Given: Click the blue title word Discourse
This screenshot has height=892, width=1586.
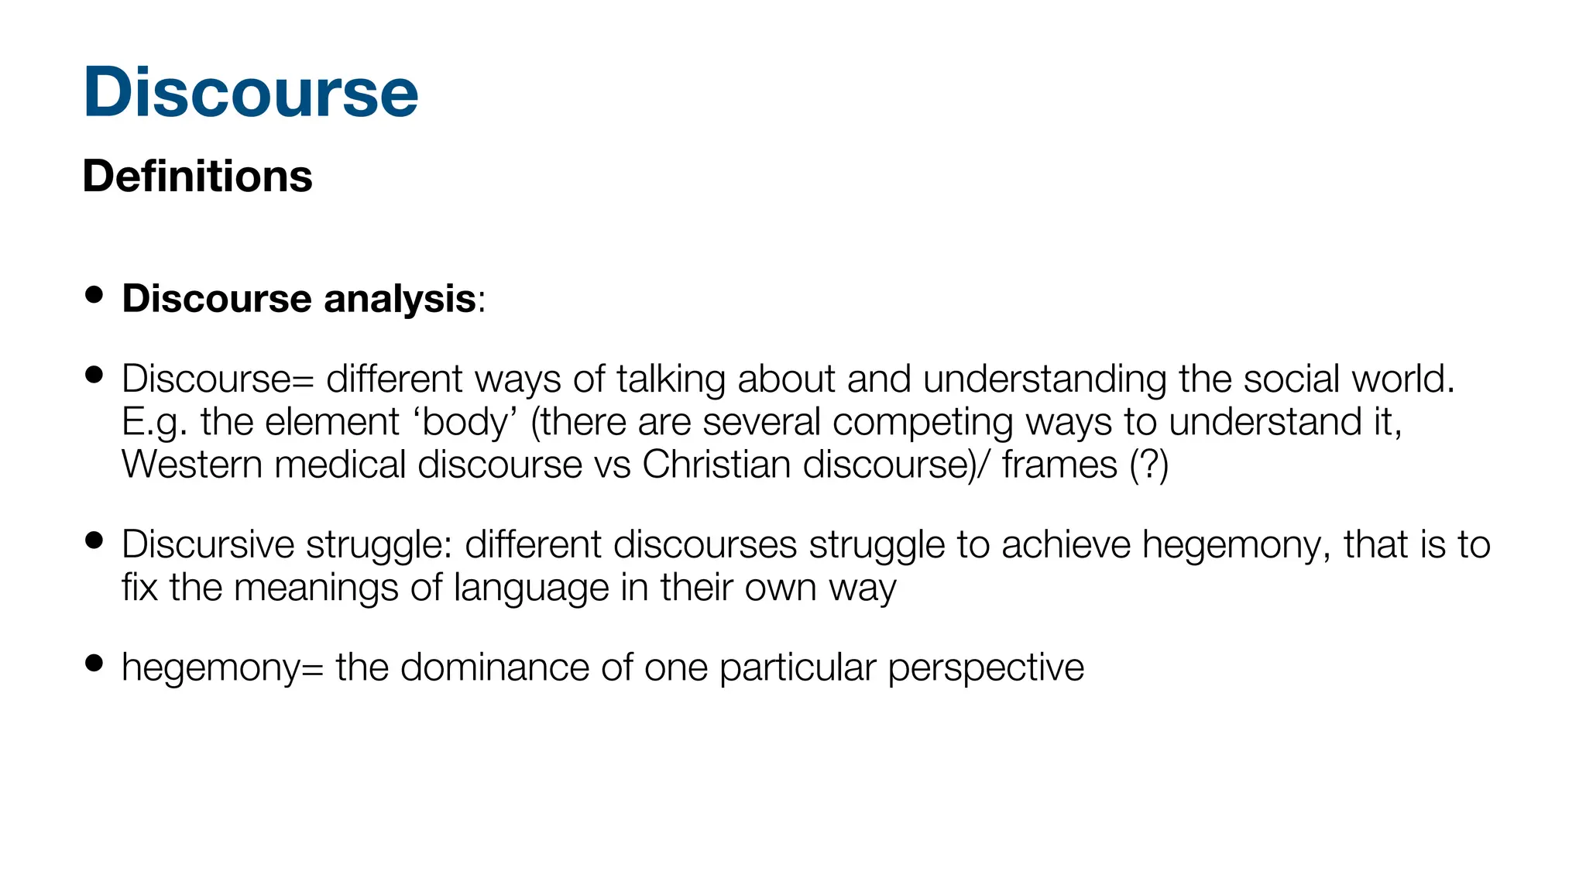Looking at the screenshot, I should tap(250, 92).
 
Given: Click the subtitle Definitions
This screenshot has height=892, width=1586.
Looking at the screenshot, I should tap(197, 176).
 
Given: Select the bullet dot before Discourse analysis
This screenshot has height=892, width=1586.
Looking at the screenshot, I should tap(94, 294).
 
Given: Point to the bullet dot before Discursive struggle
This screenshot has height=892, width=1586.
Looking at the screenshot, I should tap(94, 540).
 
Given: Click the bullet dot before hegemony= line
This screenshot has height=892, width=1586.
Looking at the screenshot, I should tap(94, 663).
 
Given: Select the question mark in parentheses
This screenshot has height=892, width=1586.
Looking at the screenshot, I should tap(1148, 465).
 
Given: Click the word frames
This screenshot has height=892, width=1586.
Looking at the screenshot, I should tap(1059, 465).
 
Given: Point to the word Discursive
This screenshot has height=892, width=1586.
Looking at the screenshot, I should tap(208, 544).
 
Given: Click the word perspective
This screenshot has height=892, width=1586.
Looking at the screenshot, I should tap(985, 668).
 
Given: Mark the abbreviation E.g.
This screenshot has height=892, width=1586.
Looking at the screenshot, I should tap(154, 423).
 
